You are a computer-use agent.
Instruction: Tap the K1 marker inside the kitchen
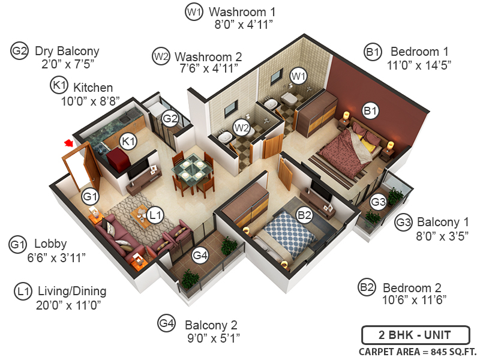[128, 141]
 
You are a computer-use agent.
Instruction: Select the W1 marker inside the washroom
[298, 76]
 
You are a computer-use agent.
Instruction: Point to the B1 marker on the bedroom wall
[370, 110]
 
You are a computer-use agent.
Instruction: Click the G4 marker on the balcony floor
[200, 256]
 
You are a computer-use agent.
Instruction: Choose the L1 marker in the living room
[155, 214]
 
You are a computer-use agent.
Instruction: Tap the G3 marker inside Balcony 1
[377, 201]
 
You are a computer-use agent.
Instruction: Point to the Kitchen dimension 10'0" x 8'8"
[91, 101]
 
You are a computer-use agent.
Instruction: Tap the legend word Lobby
[50, 244]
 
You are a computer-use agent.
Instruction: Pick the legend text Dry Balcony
[67, 50]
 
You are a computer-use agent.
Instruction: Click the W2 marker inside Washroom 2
[241, 127]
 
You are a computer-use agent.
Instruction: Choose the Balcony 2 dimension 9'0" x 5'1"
[213, 338]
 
